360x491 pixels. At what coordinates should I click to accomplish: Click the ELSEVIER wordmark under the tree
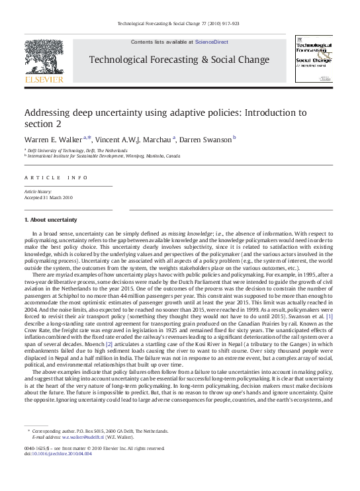(44, 80)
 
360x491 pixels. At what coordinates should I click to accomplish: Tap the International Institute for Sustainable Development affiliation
(104, 157)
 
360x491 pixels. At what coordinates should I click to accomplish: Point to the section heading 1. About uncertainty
(50, 219)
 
